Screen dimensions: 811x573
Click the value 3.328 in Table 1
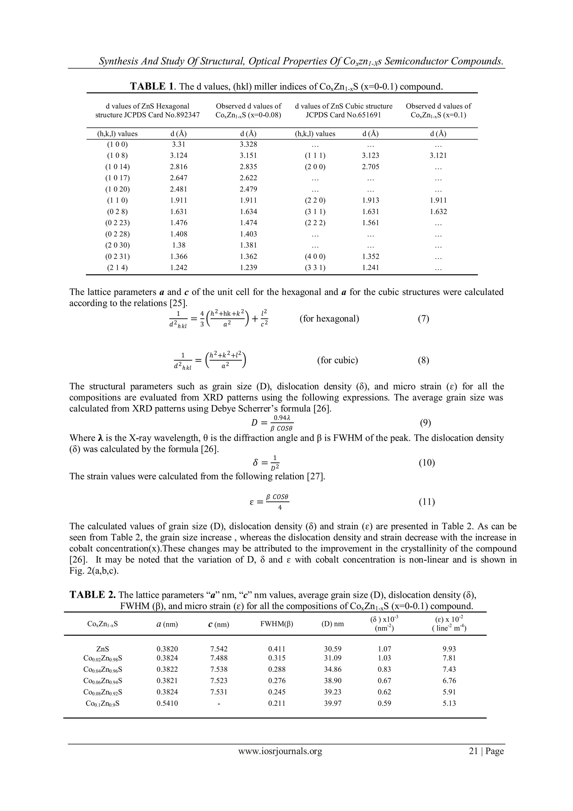tap(248, 144)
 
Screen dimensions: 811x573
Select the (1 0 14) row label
tap(117, 167)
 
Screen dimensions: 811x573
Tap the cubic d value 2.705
tap(370, 167)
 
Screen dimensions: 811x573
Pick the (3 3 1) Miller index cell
tap(315, 268)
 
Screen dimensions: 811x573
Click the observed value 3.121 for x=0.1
tap(438, 155)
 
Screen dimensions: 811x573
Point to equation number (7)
tap(423, 319)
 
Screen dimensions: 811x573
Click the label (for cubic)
tap(338, 360)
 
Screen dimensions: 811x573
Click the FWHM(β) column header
tap(277, 624)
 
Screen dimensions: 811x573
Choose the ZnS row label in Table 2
tap(102, 649)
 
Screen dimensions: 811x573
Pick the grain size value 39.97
tap(333, 703)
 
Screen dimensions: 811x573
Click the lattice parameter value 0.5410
tap(167, 703)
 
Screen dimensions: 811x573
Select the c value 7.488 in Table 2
tap(219, 658)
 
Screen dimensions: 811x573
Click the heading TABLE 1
tap(152, 87)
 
